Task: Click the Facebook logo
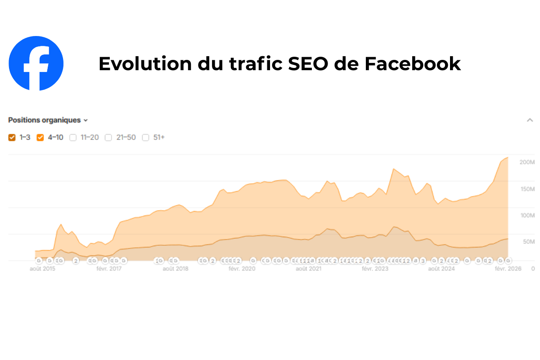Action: coord(36,63)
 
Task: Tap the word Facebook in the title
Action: coord(412,64)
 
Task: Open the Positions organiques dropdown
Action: coord(48,120)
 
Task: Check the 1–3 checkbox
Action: coord(12,138)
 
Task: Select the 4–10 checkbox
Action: coord(40,138)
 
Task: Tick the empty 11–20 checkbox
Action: coord(73,138)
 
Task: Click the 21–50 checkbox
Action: coord(108,138)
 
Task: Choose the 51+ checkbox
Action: coord(146,138)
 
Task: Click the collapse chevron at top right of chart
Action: coord(530,120)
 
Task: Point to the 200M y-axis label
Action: coord(526,162)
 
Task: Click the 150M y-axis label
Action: coord(526,189)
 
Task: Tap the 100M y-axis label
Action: coord(526,215)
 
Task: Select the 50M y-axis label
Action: coord(528,242)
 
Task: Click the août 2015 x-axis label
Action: coord(43,269)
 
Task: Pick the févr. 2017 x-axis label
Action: coord(110,269)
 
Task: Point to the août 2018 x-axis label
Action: coord(175,269)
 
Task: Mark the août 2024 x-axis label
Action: coord(441,269)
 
